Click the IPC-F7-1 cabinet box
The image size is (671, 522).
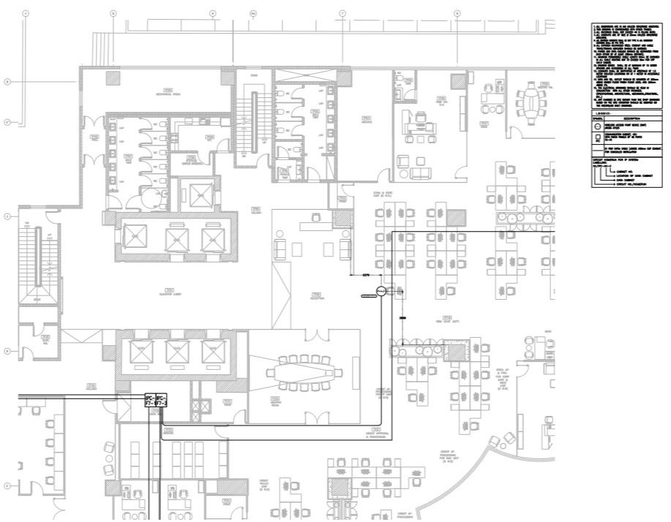(150, 399)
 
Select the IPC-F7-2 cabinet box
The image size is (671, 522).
(162, 399)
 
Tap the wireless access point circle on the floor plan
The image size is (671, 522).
(381, 292)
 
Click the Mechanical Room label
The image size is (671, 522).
(168, 93)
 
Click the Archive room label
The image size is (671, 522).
(365, 121)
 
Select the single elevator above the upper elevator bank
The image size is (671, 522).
(195, 193)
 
